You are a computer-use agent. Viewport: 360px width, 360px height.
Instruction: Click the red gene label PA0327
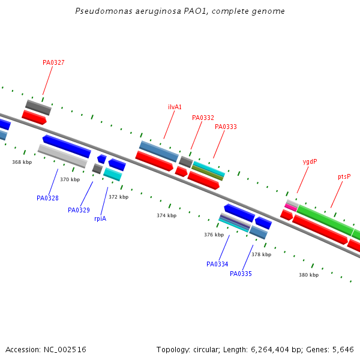coord(53,62)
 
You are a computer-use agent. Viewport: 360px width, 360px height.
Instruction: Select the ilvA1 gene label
coord(175,107)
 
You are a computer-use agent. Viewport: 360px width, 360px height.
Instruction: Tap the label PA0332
coord(203,118)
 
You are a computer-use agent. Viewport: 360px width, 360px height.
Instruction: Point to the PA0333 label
coord(226,127)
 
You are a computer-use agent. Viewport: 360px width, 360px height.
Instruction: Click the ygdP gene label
coord(310,162)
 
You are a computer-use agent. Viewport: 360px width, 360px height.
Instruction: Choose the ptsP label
coord(344,177)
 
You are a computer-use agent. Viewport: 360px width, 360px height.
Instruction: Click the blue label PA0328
coord(47,198)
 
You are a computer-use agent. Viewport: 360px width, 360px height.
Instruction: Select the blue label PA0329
coord(79,210)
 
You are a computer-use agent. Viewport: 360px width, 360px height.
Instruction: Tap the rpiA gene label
coord(100,219)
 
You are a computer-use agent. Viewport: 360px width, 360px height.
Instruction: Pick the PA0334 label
coord(217,264)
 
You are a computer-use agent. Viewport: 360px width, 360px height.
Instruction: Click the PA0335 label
coord(241,274)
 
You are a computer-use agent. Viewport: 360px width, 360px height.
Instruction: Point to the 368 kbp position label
coord(22,162)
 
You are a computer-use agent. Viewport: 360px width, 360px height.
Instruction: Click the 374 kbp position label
coord(167,215)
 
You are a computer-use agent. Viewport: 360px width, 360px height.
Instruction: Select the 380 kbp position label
coord(308,275)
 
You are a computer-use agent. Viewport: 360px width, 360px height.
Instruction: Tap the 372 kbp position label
coord(118,197)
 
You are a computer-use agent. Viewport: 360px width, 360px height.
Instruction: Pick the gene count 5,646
coord(343,349)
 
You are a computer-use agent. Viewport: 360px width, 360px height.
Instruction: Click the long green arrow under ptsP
coord(325,220)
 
